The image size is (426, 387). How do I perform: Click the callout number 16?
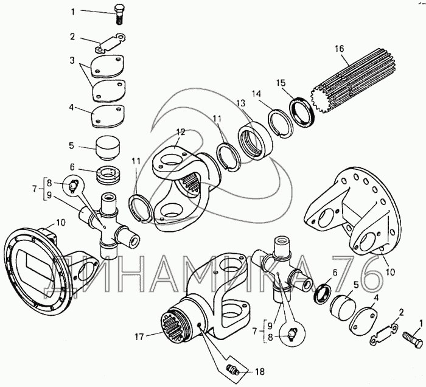pyautogui.click(x=339, y=49)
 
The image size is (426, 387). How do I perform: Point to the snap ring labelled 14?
pyautogui.click(x=281, y=124)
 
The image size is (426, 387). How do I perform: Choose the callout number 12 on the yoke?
pyautogui.click(x=181, y=132)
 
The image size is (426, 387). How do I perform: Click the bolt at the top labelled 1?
pyautogui.click(x=119, y=15)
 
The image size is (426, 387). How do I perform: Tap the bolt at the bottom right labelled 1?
pyautogui.click(x=413, y=340)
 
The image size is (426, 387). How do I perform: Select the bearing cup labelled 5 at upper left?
pyautogui.click(x=108, y=147)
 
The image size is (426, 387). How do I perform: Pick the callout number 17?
pyautogui.click(x=139, y=337)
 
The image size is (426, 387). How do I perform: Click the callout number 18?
pyautogui.click(x=260, y=372)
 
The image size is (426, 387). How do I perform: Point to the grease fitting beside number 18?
pyautogui.click(x=232, y=370)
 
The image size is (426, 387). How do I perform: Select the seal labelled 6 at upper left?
pyautogui.click(x=108, y=176)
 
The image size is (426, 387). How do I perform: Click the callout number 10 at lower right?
pyautogui.click(x=390, y=272)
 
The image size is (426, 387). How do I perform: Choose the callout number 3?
pyautogui.click(x=72, y=60)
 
